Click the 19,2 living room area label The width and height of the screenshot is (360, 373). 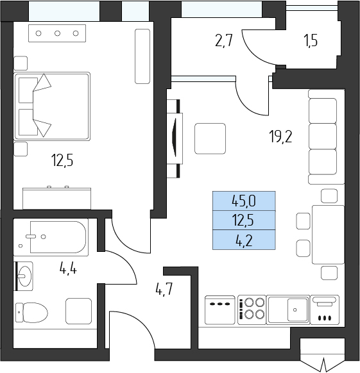[x=280, y=137]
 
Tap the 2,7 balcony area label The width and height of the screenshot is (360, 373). [x=223, y=40]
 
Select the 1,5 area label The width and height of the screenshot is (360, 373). [x=311, y=41]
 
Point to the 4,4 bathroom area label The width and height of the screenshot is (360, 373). [x=68, y=270]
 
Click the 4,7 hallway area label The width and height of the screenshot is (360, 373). [x=164, y=290]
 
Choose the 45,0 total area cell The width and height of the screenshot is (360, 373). [x=244, y=201]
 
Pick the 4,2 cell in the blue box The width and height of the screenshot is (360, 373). [x=244, y=240]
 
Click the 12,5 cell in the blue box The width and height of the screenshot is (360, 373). [x=244, y=220]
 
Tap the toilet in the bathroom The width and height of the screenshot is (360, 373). [x=31, y=313]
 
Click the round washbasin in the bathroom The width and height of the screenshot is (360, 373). [x=25, y=276]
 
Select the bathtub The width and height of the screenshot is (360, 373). [x=58, y=237]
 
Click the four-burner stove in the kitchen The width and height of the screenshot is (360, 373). [x=252, y=310]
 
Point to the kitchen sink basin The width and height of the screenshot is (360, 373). [x=298, y=310]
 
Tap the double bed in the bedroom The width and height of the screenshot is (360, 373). [x=52, y=106]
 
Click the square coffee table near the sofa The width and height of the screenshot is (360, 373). [x=210, y=138]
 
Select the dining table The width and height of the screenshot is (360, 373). [x=328, y=235]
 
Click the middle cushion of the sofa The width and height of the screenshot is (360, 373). [x=323, y=136]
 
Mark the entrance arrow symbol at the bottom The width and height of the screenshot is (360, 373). [x=323, y=364]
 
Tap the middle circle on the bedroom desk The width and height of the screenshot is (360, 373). [x=57, y=33]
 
